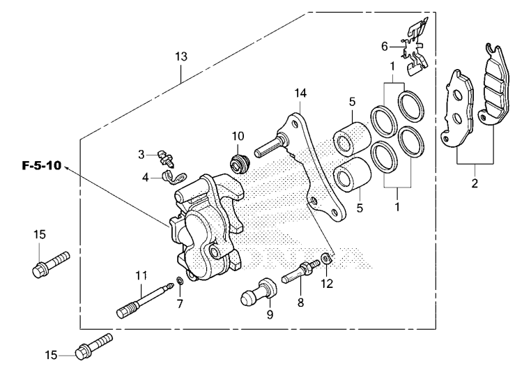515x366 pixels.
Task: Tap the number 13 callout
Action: click(x=181, y=57)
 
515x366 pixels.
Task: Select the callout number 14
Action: click(x=300, y=93)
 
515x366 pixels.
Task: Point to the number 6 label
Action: click(x=383, y=46)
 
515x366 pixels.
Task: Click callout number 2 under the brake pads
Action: click(x=475, y=184)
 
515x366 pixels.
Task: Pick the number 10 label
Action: click(x=237, y=135)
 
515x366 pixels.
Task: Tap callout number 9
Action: click(x=270, y=314)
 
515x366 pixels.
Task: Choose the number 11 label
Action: click(x=141, y=273)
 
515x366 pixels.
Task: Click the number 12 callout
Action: click(x=327, y=283)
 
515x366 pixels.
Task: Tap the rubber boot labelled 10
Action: click(x=239, y=165)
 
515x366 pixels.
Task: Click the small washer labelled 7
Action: click(x=180, y=281)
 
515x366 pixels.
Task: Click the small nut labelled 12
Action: click(x=327, y=261)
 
